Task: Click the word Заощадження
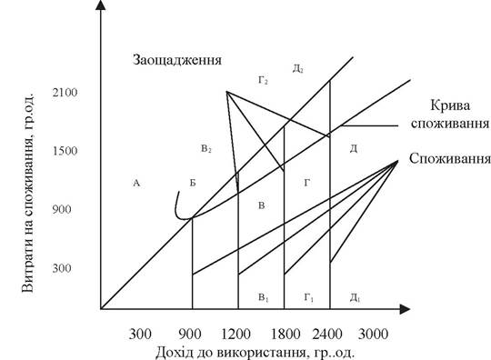[x=177, y=60]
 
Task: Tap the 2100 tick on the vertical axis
[x=65, y=93]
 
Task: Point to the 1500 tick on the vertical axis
[x=65, y=151]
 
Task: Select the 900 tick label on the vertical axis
[x=62, y=209]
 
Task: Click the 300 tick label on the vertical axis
[x=62, y=268]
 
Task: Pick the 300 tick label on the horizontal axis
[x=140, y=334]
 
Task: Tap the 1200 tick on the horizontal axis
[x=235, y=334]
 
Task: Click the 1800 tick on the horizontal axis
[x=286, y=334]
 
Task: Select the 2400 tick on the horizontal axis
[x=327, y=334]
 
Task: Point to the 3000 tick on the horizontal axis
[x=374, y=334]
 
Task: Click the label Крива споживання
[x=450, y=115]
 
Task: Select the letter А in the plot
[x=136, y=183]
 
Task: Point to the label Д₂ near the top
[x=298, y=68]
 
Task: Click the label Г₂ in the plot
[x=263, y=81]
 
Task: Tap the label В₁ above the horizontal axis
[x=264, y=297]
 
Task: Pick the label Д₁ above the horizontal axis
[x=355, y=297]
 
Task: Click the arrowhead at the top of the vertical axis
[x=101, y=5]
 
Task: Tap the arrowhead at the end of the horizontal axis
[x=405, y=309]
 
